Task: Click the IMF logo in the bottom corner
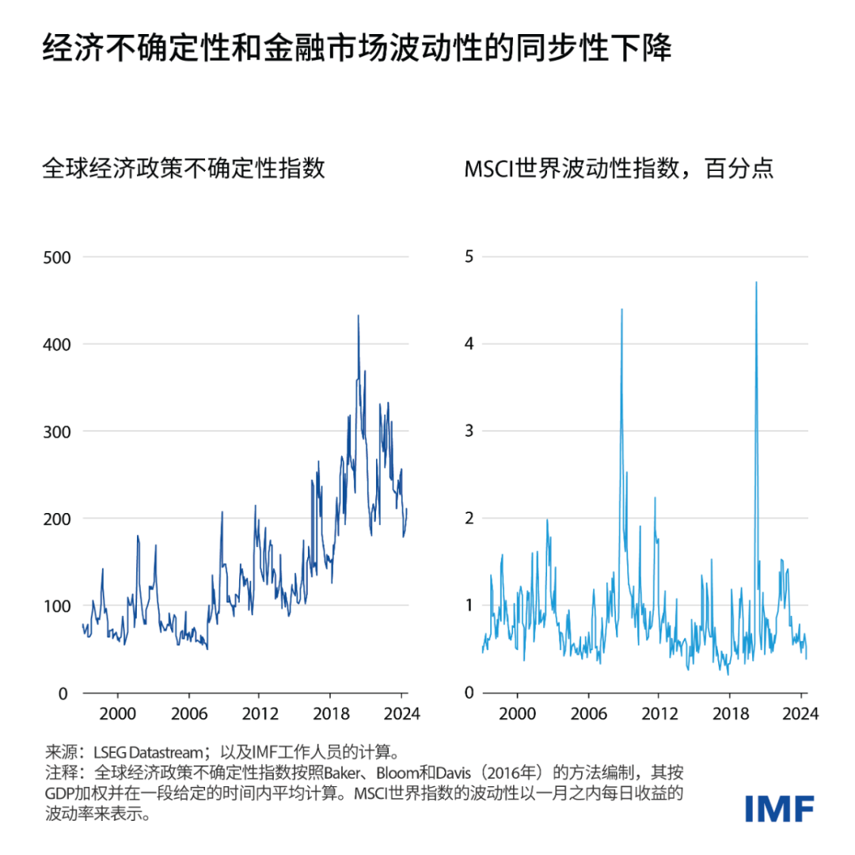click(x=779, y=808)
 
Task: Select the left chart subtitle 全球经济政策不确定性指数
click(x=184, y=169)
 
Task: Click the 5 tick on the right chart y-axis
click(x=467, y=257)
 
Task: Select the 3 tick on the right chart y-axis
click(x=467, y=431)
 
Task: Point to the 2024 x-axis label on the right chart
click(x=800, y=712)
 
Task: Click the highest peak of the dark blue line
click(x=358, y=316)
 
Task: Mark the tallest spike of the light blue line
click(x=757, y=283)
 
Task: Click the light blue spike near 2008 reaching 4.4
click(x=621, y=310)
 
